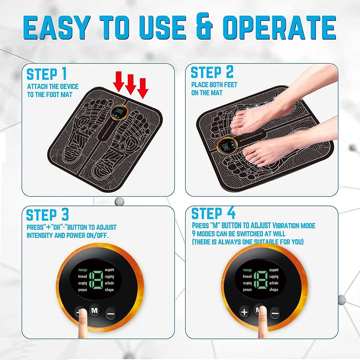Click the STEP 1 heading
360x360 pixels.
(x=47, y=74)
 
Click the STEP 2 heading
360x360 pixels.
(x=212, y=72)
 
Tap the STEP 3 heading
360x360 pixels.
(x=47, y=215)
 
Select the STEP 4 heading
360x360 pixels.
(x=213, y=213)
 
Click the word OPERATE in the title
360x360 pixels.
(x=279, y=28)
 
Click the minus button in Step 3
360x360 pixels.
(x=111, y=314)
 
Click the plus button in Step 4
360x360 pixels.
(x=244, y=312)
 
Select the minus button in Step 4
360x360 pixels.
(x=275, y=312)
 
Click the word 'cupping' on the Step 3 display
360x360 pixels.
(x=109, y=276)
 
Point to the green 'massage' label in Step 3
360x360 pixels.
(x=82, y=270)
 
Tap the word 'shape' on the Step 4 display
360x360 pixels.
(x=274, y=289)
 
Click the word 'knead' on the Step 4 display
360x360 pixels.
(x=247, y=276)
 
